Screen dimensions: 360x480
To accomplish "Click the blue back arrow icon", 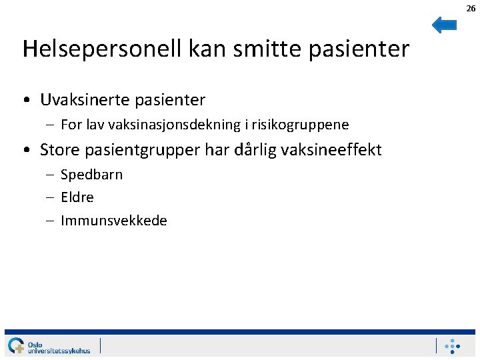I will [x=444, y=25].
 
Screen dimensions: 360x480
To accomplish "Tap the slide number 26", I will [x=471, y=8].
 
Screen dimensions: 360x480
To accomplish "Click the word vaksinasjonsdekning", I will [x=169, y=125].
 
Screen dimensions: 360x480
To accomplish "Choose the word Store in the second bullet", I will [x=60, y=149].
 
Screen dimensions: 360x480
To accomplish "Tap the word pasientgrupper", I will [x=143, y=150].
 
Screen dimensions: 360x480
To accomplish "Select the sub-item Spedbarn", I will [x=91, y=175].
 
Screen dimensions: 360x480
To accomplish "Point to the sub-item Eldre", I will [x=77, y=197].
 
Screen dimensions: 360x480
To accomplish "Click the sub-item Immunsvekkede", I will [x=114, y=221].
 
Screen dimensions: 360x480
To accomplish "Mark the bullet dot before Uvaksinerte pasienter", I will [x=25, y=101].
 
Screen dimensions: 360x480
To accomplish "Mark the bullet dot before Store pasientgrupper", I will [x=25, y=150].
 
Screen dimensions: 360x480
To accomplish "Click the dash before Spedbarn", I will [x=51, y=175].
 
